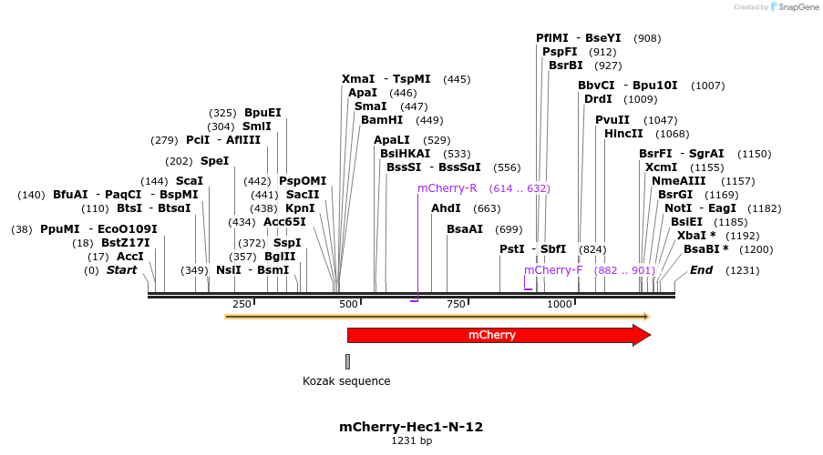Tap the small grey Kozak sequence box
pos(347,361)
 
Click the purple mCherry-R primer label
pos(447,188)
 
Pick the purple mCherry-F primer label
pos(553,270)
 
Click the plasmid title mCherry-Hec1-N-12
pos(411,426)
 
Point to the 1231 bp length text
pos(411,441)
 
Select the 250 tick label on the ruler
pos(242,304)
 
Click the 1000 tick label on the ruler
pos(559,304)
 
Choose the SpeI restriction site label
pos(214,161)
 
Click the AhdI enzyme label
pos(447,208)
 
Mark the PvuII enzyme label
pos(612,120)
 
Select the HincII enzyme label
pos(623,134)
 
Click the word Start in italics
pos(121,270)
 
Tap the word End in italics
pos(701,270)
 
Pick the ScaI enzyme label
pos(189,181)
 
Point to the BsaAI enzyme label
pos(465,229)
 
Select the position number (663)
pos(487,208)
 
